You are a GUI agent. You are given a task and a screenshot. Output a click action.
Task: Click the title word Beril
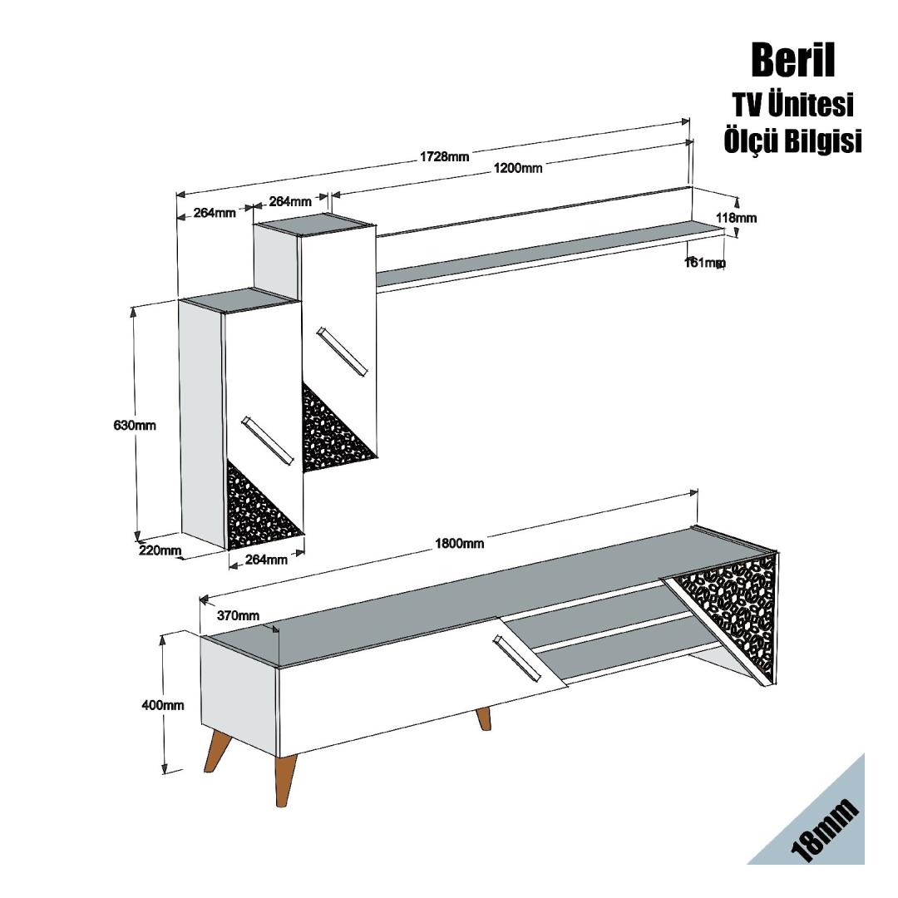[x=792, y=61]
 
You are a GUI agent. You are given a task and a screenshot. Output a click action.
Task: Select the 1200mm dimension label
[x=518, y=169]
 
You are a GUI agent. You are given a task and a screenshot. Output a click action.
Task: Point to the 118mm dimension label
[x=736, y=218]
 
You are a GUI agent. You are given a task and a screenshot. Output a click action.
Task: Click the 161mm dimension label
[x=704, y=263]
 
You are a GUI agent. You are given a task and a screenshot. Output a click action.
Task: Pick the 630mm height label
[x=135, y=425]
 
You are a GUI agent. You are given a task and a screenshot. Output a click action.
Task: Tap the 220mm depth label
[x=160, y=550]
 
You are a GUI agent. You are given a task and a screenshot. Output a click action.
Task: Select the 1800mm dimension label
[x=459, y=544]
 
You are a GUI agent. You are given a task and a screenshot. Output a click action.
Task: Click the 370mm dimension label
[x=238, y=615]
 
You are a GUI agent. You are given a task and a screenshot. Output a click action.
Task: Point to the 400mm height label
[x=163, y=705]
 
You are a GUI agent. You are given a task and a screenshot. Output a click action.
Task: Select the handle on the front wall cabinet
[x=267, y=441]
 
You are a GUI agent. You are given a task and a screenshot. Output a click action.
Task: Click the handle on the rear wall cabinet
[x=341, y=353]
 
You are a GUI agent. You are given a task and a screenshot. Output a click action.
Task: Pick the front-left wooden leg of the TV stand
[x=285, y=778]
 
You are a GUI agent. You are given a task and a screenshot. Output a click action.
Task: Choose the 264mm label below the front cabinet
[x=266, y=560]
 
